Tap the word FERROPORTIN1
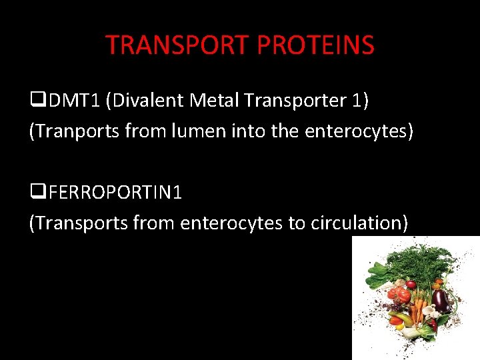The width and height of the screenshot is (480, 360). point(115,193)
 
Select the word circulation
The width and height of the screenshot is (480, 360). point(359,223)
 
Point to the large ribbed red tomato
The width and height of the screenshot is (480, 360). point(399,294)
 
